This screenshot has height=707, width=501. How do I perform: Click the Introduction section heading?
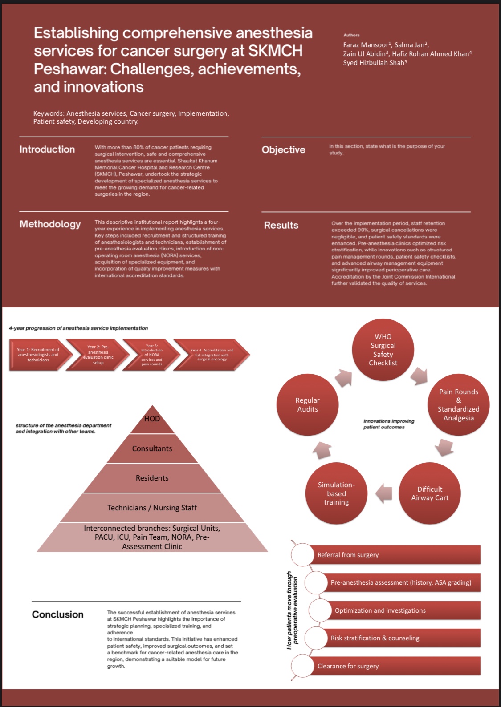point(47,149)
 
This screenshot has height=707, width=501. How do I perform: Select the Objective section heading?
point(283,150)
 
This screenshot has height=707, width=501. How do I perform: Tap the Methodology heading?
point(50,224)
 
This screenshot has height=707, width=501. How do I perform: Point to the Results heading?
point(281,225)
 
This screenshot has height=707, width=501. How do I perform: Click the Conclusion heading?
point(57,614)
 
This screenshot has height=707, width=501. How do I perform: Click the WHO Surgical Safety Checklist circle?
point(383,350)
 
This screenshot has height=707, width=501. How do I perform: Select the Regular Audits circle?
point(307,404)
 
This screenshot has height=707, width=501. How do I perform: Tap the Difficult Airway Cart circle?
point(430,493)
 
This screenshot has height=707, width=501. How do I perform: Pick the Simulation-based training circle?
point(336,493)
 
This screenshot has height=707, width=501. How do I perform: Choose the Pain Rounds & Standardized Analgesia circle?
point(458,404)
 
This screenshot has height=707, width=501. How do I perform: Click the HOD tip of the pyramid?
point(152,419)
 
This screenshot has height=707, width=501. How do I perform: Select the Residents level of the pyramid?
point(152,478)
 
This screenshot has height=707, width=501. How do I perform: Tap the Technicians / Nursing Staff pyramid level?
point(152,508)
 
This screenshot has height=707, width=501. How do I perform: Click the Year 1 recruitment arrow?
point(38,355)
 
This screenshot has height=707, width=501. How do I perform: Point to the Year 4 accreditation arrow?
point(212,355)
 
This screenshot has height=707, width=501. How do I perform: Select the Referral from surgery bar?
point(394,555)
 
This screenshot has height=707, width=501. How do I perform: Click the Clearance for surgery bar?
point(394,666)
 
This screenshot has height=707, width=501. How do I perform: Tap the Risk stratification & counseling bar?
point(401,638)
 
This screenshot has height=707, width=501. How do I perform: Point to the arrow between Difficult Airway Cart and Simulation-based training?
point(384,493)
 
